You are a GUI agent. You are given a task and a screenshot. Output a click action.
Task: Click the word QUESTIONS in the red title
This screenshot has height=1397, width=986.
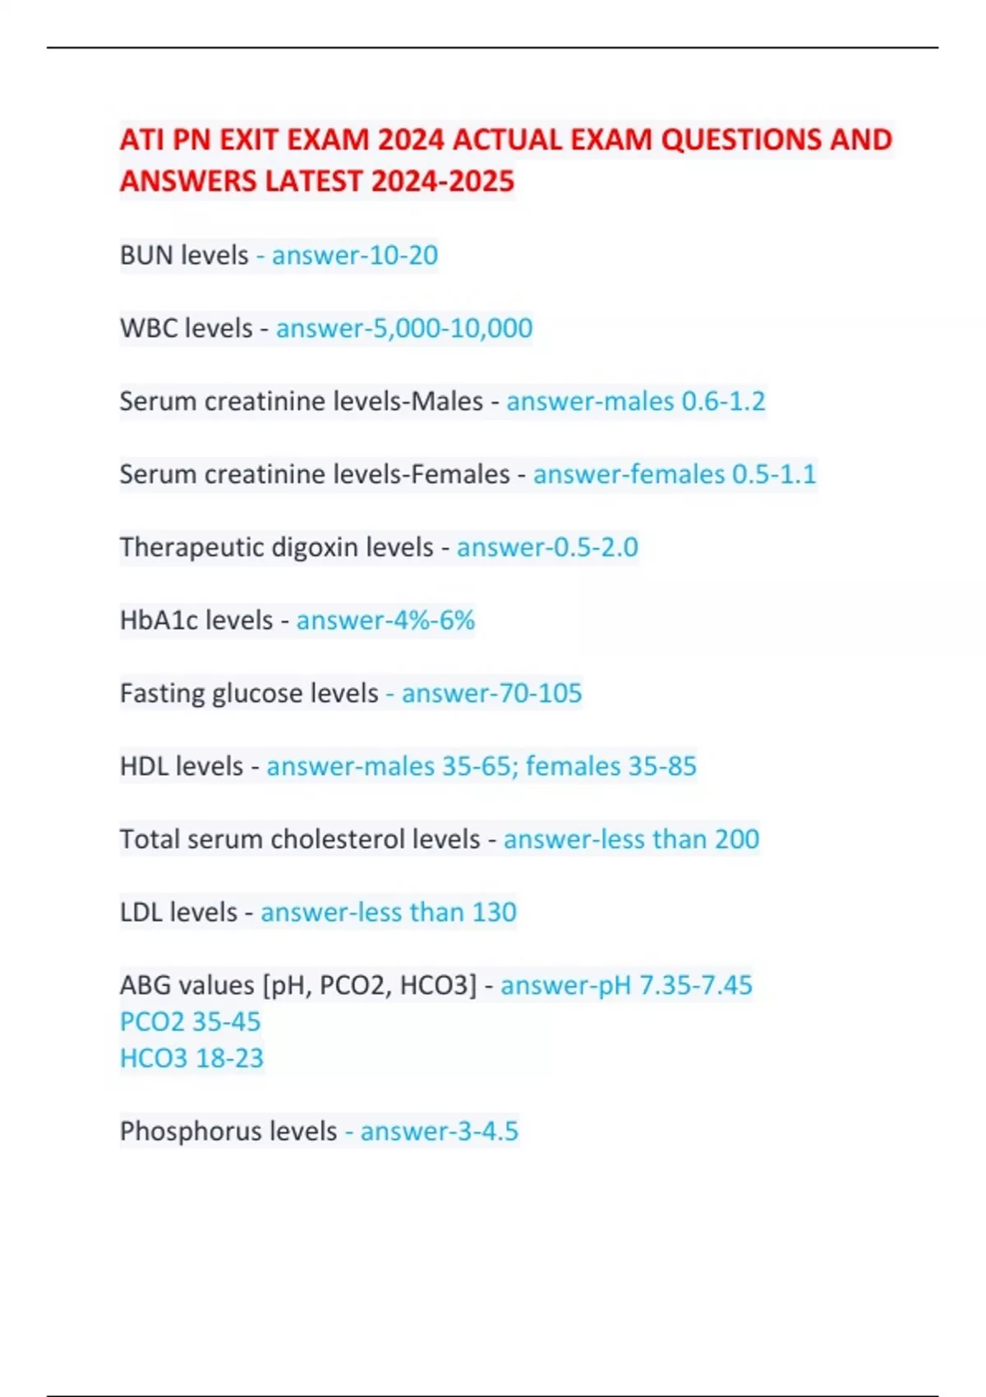pos(741,140)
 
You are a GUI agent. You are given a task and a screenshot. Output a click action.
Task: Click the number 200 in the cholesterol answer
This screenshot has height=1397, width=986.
pos(737,840)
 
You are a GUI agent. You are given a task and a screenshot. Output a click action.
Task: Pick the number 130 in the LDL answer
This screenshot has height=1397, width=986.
pos(494,913)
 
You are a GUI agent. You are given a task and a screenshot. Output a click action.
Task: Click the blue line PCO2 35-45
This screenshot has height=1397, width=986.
pos(190,1021)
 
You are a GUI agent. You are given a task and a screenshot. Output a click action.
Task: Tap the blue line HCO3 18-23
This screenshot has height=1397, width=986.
pos(191,1058)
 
